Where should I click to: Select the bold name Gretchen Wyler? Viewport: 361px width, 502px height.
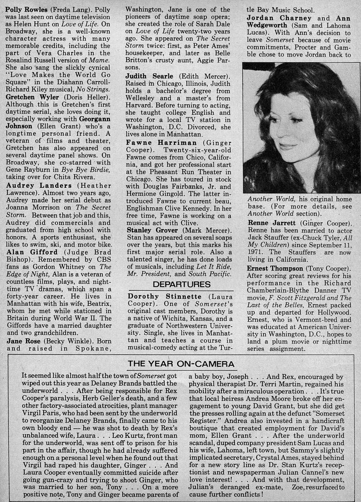pyautogui.click(x=33, y=97)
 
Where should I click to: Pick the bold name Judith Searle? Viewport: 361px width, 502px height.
pyautogui.click(x=149, y=76)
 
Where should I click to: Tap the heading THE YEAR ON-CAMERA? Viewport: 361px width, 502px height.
pyautogui.click(x=181, y=364)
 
